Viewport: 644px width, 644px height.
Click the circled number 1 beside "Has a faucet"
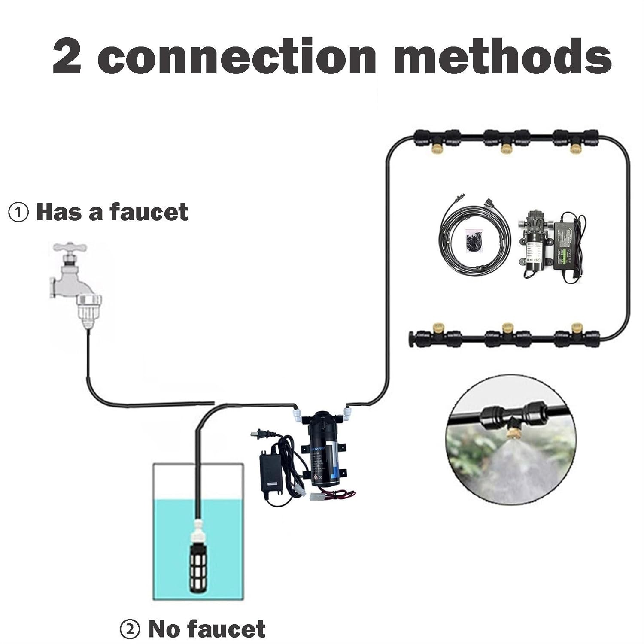(x=18, y=213)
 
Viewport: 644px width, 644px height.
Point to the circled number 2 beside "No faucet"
(x=130, y=630)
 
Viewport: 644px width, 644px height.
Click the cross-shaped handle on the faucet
(x=70, y=249)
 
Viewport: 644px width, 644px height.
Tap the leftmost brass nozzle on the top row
(x=435, y=148)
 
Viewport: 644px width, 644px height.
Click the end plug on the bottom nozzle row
(x=411, y=338)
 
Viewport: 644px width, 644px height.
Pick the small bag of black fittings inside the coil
(x=474, y=238)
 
